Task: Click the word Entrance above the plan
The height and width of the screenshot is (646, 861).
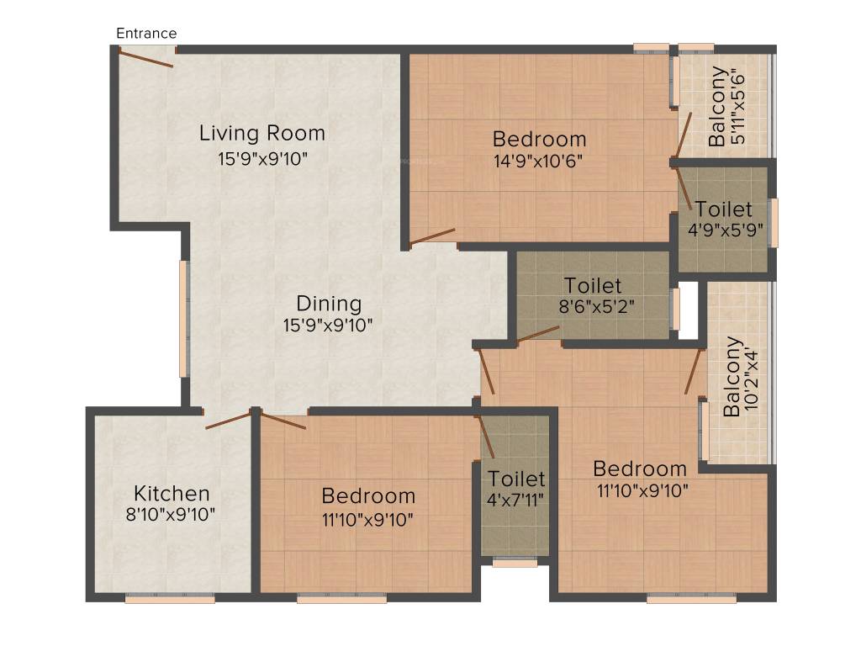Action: coord(146,34)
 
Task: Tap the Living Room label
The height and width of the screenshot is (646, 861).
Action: coord(262,134)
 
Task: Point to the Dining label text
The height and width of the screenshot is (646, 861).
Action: coord(329,304)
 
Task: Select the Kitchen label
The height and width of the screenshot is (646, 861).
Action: coord(172,493)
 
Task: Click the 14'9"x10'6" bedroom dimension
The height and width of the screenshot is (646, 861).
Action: coord(538,161)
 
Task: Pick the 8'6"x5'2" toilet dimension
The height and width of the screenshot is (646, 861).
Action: coord(597,306)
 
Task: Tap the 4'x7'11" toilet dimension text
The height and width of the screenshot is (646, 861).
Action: coord(515,500)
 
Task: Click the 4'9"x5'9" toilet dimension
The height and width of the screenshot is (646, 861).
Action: coord(726,230)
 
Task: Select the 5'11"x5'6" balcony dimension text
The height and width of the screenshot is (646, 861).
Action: coord(737,106)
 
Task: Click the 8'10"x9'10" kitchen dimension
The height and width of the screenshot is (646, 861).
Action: coord(170,515)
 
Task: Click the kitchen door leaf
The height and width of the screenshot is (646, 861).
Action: coord(229,421)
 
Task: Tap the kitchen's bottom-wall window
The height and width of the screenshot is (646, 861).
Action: coord(170,599)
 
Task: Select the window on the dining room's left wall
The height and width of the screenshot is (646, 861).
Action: coord(183,318)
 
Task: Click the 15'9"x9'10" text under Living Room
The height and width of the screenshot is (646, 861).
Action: coord(263,159)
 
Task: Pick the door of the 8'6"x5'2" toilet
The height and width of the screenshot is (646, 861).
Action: coord(538,334)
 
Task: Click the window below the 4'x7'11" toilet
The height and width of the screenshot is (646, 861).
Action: coord(515,563)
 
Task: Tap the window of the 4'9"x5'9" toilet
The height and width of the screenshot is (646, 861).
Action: coord(774,222)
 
